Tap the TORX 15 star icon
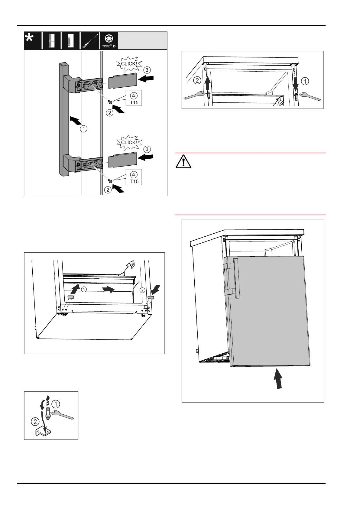pyautogui.click(x=109, y=39)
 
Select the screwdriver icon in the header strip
pyautogui.click(x=90, y=40)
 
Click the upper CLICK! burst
pyautogui.click(x=129, y=64)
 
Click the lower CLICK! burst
pyautogui.click(x=129, y=142)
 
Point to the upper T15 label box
pyautogui.click(x=134, y=98)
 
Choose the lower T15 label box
pyautogui.click(x=134, y=177)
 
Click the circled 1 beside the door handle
pyautogui.click(x=83, y=129)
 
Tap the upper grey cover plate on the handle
pyautogui.click(x=123, y=80)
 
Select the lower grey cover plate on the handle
pyautogui.click(x=123, y=160)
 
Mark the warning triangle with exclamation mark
pyautogui.click(x=183, y=161)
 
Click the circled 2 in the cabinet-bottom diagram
pyautogui.click(x=142, y=290)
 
